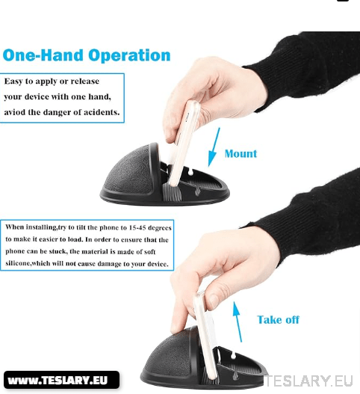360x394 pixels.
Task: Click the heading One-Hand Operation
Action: (87, 55)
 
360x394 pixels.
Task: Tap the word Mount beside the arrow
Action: (240, 154)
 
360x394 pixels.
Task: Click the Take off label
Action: (278, 319)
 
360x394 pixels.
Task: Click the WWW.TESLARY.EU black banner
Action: (62, 381)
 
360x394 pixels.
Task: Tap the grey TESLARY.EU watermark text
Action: (313, 382)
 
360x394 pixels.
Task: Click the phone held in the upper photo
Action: (184, 142)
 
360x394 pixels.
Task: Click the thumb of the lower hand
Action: (180, 314)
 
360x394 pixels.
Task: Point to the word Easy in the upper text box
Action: (16, 81)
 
